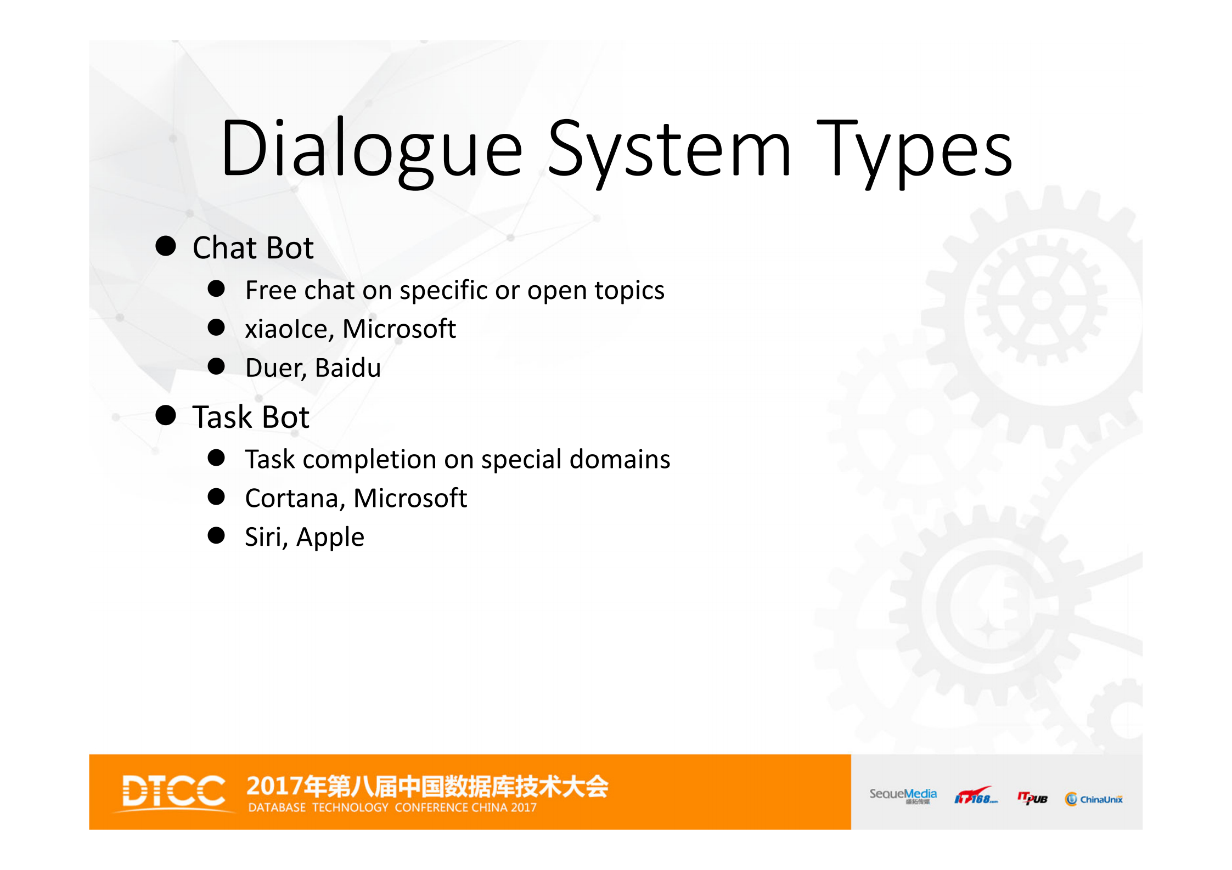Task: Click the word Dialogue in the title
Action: pyautogui.click(x=372, y=149)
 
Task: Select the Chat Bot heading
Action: pyautogui.click(x=253, y=247)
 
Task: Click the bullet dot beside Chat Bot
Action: pyautogui.click(x=166, y=246)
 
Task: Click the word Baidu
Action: pyautogui.click(x=348, y=368)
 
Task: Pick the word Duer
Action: pyautogui.click(x=274, y=368)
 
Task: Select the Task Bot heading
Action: pyautogui.click(x=251, y=417)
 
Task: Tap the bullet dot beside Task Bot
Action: pyautogui.click(x=166, y=415)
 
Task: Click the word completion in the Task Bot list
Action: pyautogui.click(x=369, y=460)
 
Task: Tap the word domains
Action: pyautogui.click(x=620, y=459)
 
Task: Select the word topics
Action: pyautogui.click(x=629, y=291)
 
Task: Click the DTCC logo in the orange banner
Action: pyautogui.click(x=173, y=791)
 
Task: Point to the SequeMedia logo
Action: pyautogui.click(x=903, y=796)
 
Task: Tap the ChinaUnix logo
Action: pyautogui.click(x=1094, y=799)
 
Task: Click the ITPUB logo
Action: pyautogui.click(x=1032, y=798)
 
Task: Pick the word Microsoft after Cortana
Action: pyautogui.click(x=410, y=499)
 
